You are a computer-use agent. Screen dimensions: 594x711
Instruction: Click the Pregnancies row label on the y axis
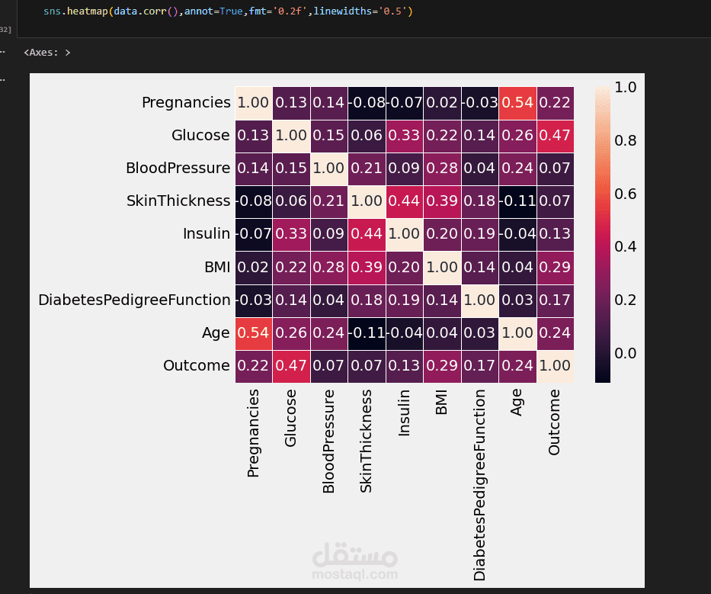(x=186, y=102)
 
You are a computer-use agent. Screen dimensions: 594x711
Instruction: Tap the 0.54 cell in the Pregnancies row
(x=517, y=102)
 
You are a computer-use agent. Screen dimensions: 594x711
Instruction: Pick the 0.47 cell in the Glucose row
(x=554, y=135)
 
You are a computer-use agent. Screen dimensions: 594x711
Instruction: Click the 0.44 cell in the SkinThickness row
(x=404, y=201)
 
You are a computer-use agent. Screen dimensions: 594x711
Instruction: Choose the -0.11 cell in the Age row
(x=367, y=332)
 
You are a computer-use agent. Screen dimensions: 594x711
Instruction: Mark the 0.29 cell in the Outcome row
(x=441, y=365)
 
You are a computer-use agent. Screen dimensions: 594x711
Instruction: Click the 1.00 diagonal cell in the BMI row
(x=441, y=267)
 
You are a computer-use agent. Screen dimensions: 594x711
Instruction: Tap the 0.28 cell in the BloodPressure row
(x=441, y=168)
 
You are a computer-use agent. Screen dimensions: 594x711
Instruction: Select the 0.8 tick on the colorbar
(x=626, y=140)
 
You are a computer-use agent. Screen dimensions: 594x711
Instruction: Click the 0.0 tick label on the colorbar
(x=626, y=353)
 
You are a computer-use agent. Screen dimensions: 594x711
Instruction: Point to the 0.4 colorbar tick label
(x=626, y=246)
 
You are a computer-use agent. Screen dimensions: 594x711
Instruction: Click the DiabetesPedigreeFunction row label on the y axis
(x=134, y=300)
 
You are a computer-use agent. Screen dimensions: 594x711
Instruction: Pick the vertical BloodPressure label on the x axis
(x=328, y=441)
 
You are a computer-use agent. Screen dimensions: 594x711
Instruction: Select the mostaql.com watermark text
(x=355, y=574)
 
